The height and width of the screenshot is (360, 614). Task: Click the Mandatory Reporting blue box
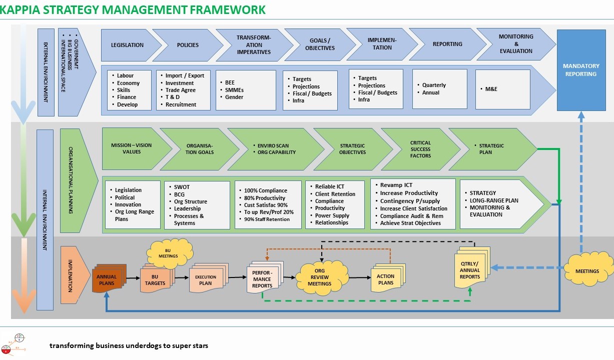pyautogui.click(x=580, y=70)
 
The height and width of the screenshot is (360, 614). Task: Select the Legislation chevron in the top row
pyautogui.click(x=128, y=45)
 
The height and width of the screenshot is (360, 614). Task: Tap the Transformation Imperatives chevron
pyautogui.click(x=254, y=45)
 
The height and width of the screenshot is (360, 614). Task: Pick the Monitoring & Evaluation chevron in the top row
pyautogui.click(x=515, y=44)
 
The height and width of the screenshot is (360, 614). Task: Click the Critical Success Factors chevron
pyautogui.click(x=420, y=149)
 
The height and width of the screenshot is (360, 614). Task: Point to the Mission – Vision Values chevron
pyautogui.click(x=132, y=149)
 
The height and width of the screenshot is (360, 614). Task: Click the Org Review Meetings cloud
pyautogui.click(x=319, y=277)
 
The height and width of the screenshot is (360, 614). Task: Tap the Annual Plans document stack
pyautogui.click(x=107, y=280)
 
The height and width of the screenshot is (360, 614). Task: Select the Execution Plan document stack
pyautogui.click(x=206, y=280)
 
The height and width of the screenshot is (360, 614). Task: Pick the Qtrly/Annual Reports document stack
pyautogui.click(x=469, y=270)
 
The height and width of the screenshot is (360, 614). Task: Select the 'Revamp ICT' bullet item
pyautogui.click(x=396, y=185)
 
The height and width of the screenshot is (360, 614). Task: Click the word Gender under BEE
pyautogui.click(x=234, y=97)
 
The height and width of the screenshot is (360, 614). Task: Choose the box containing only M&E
pyautogui.click(x=502, y=89)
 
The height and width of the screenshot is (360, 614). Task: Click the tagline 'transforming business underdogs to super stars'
pyautogui.click(x=129, y=345)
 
